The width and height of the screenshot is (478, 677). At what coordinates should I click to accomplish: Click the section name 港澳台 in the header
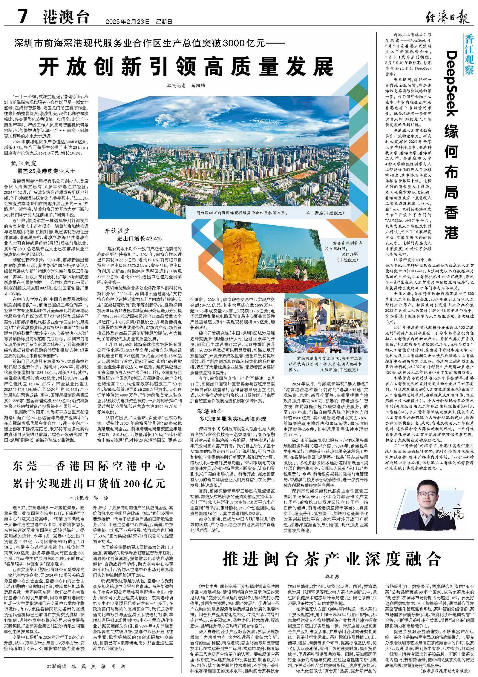(x=66, y=17)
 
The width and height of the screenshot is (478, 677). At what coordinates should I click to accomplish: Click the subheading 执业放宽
(x=24, y=163)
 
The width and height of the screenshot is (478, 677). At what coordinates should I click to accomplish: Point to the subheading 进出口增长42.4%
(x=140, y=238)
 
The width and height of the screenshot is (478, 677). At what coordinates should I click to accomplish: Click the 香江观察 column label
(x=468, y=55)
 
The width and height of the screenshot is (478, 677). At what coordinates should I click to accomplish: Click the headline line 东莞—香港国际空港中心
(x=89, y=466)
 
